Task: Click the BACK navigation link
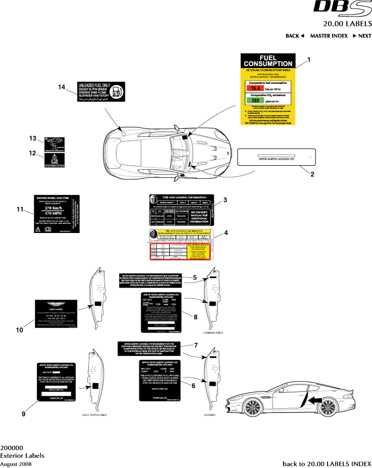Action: [295, 36]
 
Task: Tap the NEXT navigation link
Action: [362, 36]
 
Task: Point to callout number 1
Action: [309, 59]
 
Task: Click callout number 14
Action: [62, 87]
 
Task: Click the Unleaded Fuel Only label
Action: [100, 91]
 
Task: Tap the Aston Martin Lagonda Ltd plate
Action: [276, 158]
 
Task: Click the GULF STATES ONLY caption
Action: [95, 414]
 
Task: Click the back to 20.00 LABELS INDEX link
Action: [327, 463]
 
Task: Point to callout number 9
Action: [23, 413]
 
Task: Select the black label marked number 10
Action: [59, 314]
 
